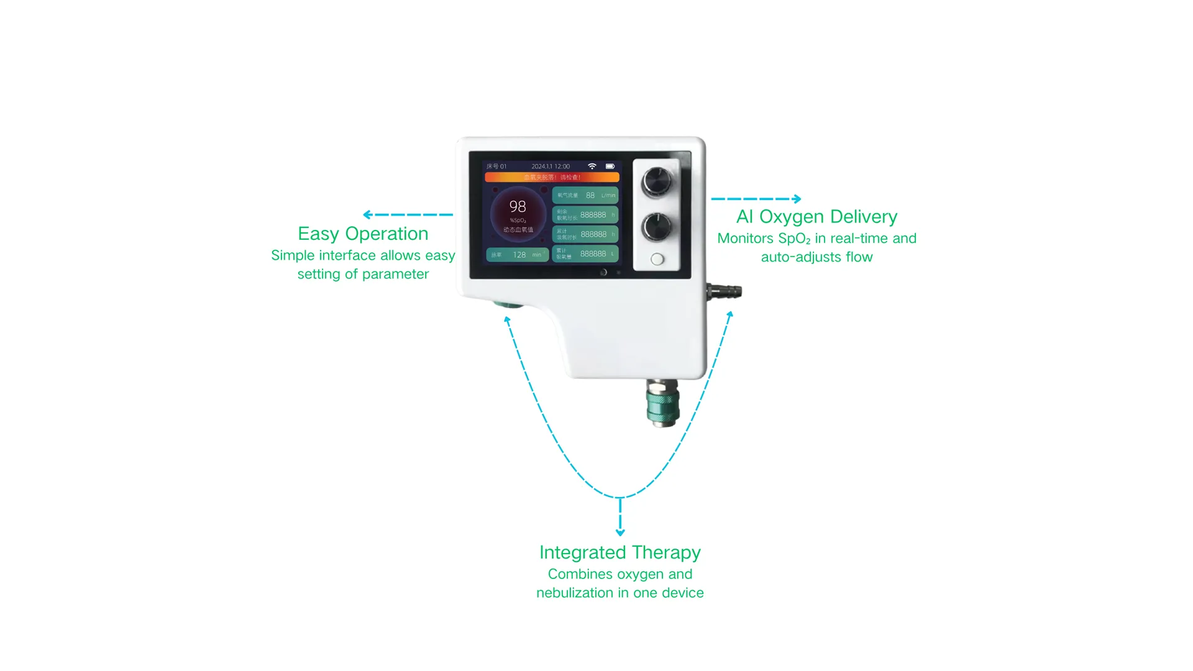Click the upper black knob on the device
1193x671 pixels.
click(x=657, y=181)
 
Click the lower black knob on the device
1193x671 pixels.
click(x=657, y=227)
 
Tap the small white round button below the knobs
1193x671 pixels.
click(x=657, y=260)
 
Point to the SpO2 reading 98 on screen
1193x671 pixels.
click(x=518, y=206)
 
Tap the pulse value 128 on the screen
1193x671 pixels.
click(x=519, y=255)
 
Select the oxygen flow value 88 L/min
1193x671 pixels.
click(x=590, y=195)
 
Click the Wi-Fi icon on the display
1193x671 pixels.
click(x=592, y=167)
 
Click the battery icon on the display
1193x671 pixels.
click(x=610, y=167)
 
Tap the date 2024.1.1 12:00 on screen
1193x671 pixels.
click(x=551, y=167)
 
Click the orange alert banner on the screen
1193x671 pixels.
click(x=552, y=178)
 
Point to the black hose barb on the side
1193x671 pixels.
click(x=725, y=291)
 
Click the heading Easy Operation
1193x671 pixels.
click(x=363, y=234)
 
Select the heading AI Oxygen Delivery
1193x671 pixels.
click(x=816, y=217)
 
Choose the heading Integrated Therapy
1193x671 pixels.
click(x=619, y=552)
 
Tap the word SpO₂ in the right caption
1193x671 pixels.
click(x=794, y=239)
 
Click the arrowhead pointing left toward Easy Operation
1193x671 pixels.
click(x=367, y=214)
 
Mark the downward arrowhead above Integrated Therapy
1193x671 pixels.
click(x=620, y=532)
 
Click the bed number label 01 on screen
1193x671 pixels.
click(x=503, y=167)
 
